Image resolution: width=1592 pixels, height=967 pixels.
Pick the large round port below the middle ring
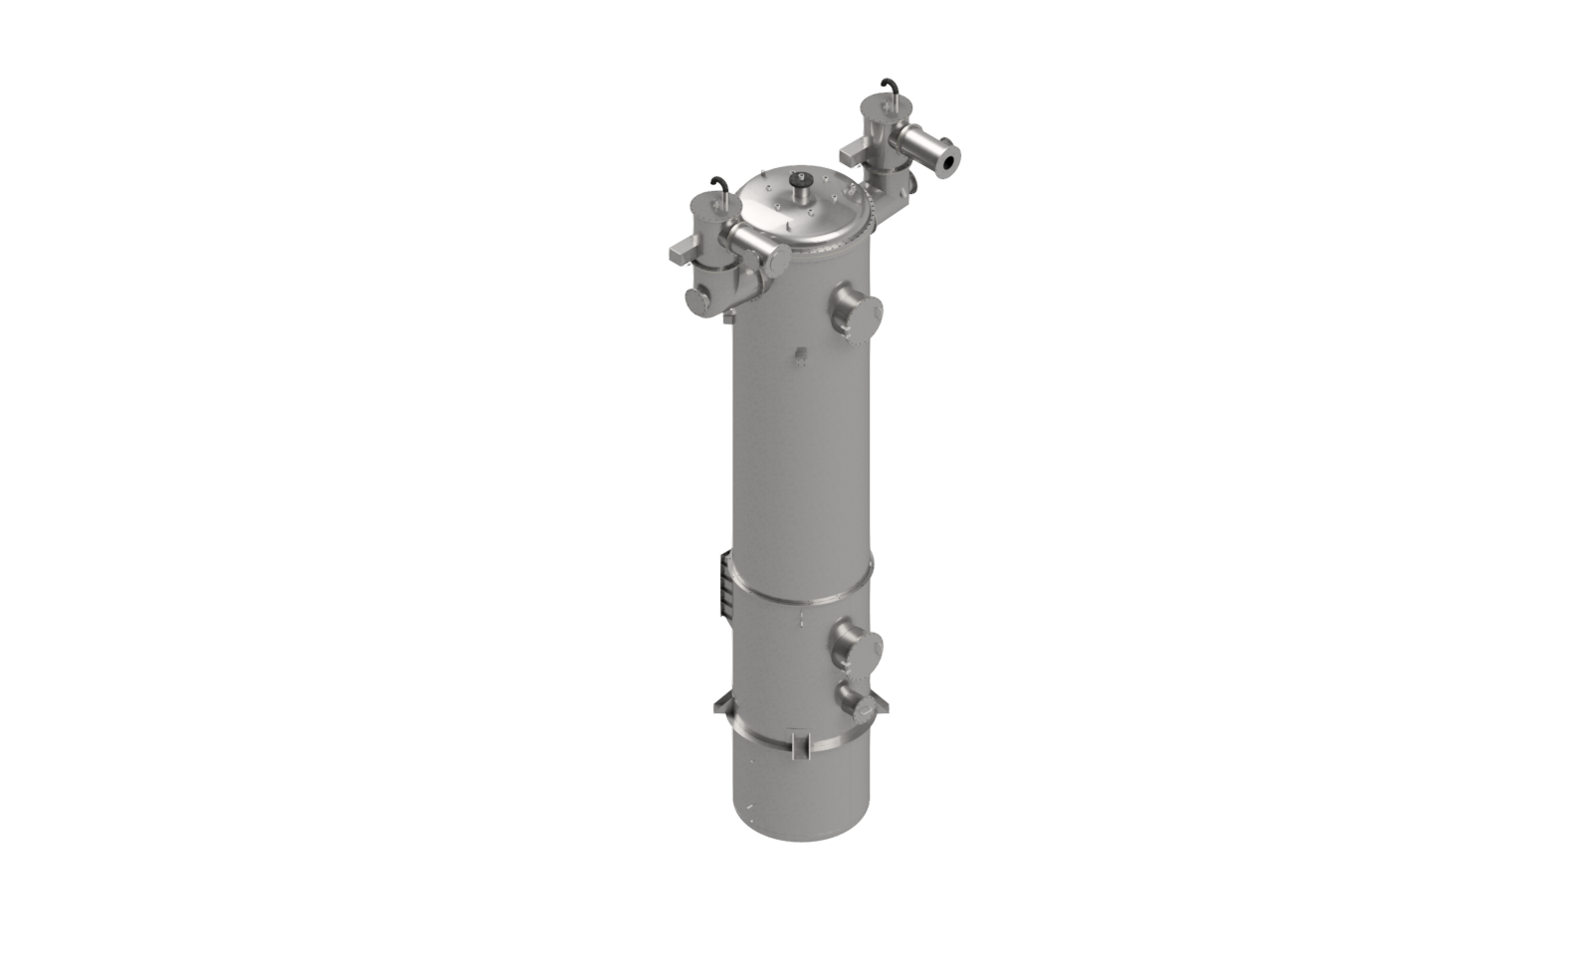(x=856, y=644)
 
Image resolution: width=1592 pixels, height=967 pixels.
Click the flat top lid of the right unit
(x=882, y=103)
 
